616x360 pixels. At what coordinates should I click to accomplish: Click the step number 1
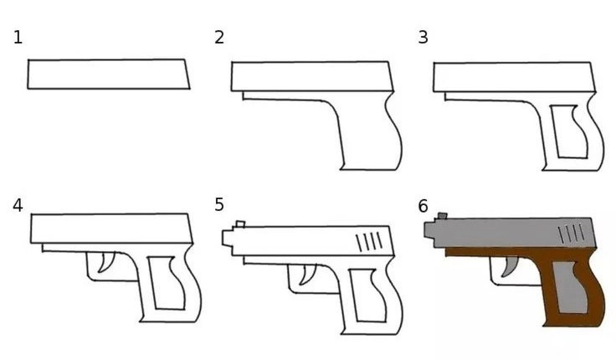[18, 39]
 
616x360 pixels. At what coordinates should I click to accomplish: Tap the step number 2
[219, 38]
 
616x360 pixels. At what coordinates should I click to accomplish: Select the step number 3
[423, 38]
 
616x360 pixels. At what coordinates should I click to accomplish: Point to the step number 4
[18, 206]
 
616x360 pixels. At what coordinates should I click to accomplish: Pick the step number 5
[219, 205]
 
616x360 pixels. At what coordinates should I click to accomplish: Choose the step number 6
[423, 206]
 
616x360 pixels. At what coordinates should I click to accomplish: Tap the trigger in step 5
[307, 275]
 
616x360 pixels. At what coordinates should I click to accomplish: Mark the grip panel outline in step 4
[151, 283]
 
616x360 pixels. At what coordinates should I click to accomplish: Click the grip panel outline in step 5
[352, 296]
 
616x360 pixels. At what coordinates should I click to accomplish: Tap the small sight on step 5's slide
[240, 224]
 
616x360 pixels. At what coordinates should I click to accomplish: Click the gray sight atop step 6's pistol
[443, 216]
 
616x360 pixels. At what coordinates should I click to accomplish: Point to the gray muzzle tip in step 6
[429, 230]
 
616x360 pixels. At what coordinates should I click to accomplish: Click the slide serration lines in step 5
[369, 241]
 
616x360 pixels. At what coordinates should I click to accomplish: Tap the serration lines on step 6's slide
[572, 234]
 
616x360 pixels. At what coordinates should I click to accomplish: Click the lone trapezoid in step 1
[109, 75]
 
